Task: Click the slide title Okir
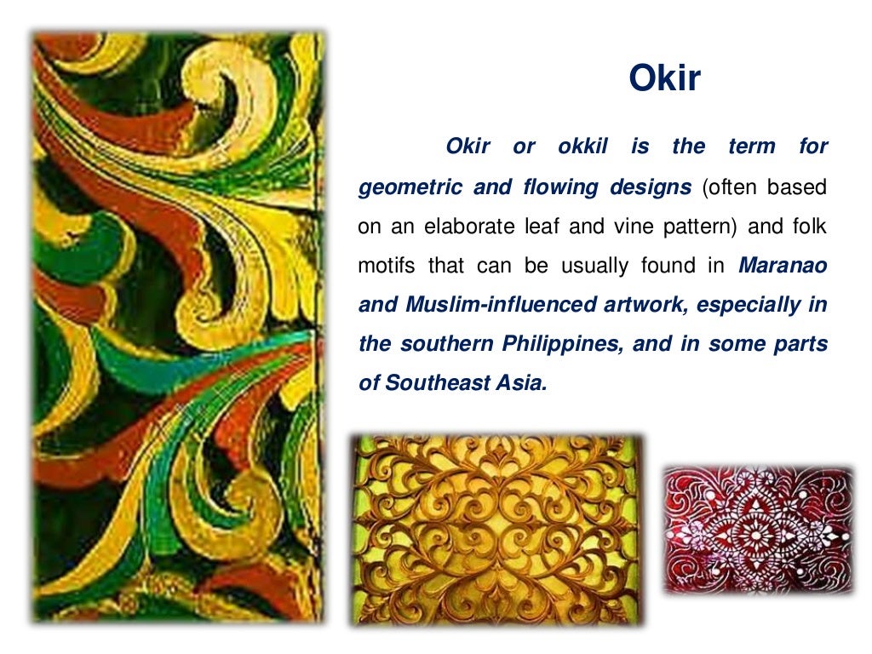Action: click(664, 78)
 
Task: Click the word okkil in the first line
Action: click(582, 146)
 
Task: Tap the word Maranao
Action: click(783, 266)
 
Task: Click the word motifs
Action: click(387, 266)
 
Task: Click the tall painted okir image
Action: click(177, 328)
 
